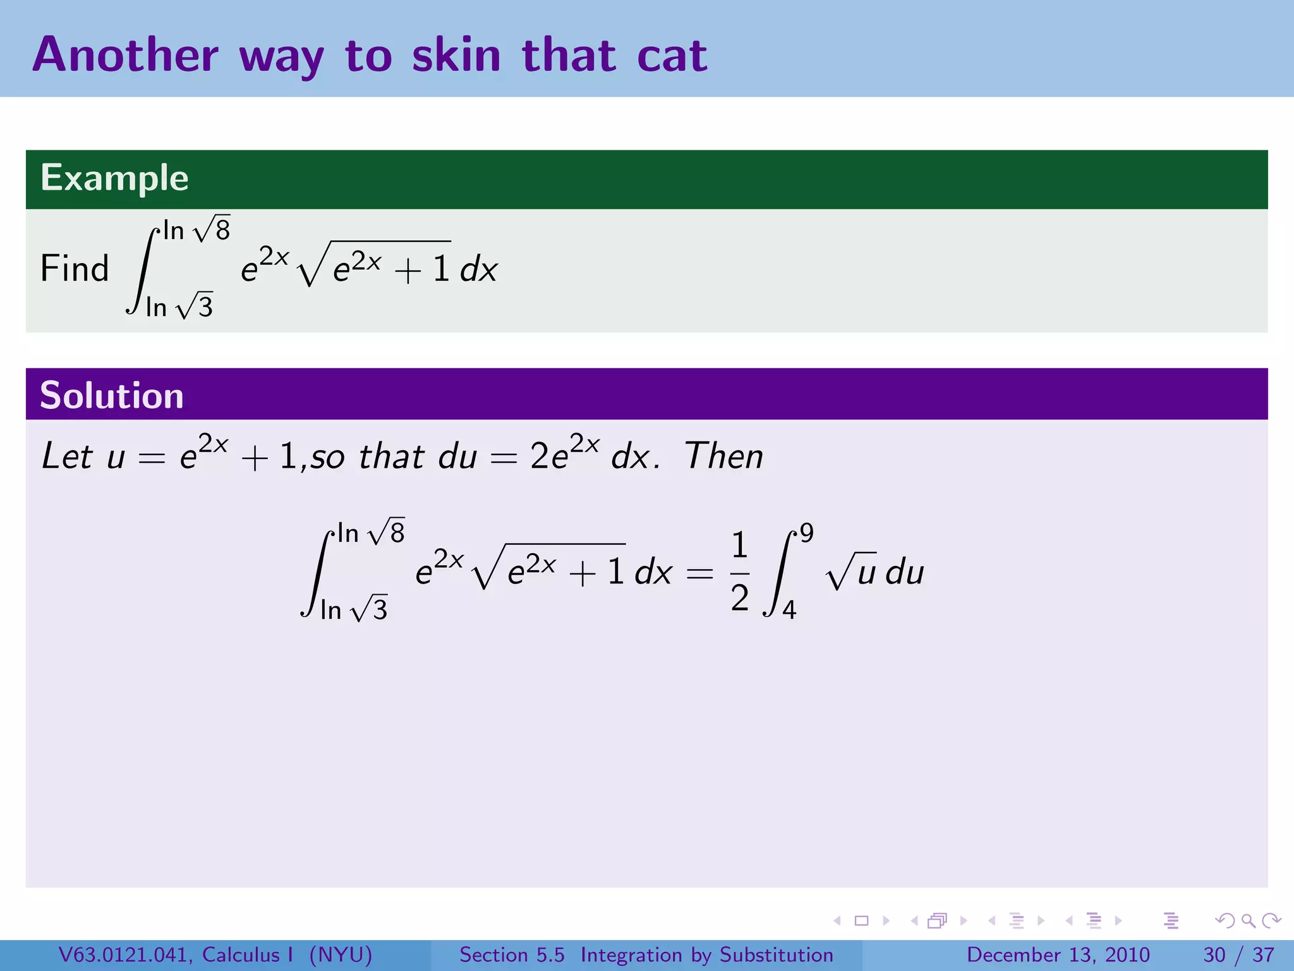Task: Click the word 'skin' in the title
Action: click(456, 56)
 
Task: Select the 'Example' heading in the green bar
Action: click(114, 178)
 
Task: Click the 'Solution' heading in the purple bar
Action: click(112, 396)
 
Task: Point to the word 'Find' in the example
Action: click(75, 269)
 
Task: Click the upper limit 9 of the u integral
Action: click(806, 533)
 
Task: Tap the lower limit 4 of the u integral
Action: click(789, 610)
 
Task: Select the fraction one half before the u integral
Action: click(740, 571)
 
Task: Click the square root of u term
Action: click(850, 571)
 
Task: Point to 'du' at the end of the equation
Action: click(905, 573)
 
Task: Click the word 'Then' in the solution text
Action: click(724, 456)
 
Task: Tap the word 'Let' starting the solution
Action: click(67, 456)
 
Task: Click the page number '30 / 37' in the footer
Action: click(1238, 955)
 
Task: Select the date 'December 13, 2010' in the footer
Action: click(1058, 955)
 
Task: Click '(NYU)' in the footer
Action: click(341, 955)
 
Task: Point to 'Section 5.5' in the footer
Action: click(512, 955)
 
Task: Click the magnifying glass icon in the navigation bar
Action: click(1248, 920)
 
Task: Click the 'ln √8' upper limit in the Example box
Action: click(197, 229)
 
